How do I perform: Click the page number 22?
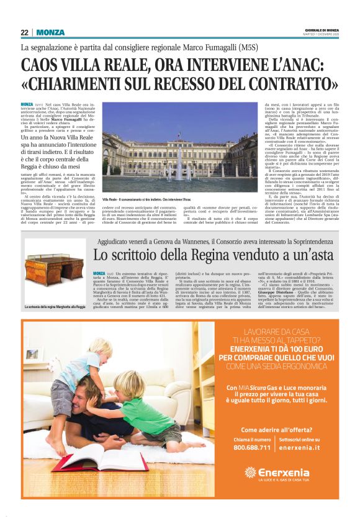tap(25, 32)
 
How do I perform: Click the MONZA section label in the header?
tap(50, 32)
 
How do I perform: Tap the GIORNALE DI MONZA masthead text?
tap(323, 29)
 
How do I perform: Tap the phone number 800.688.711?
tap(251, 447)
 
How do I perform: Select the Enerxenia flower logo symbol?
tap(251, 473)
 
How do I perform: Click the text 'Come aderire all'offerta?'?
tap(275, 429)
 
